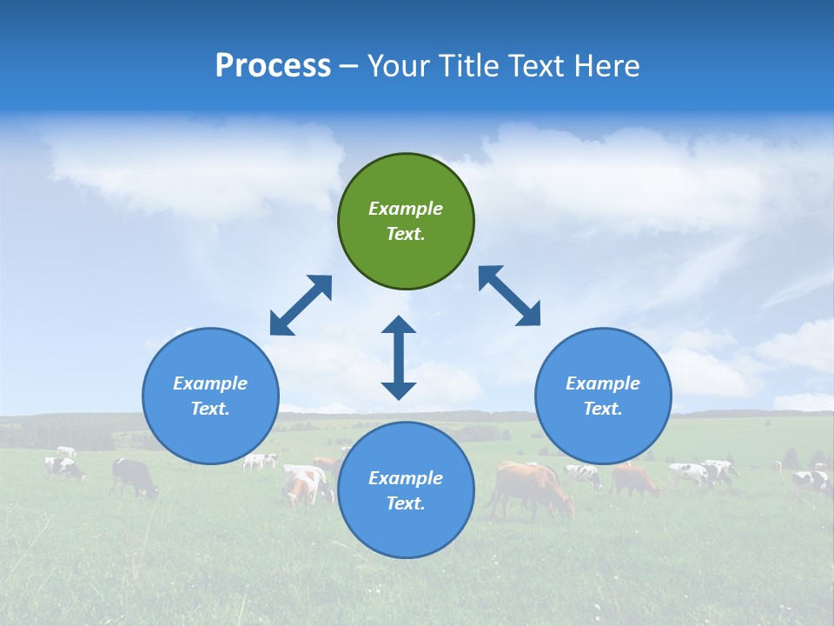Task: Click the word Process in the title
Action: point(273,66)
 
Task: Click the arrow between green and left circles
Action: point(301,305)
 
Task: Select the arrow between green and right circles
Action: point(509,296)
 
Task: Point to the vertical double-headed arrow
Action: point(399,357)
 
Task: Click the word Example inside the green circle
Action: point(406,209)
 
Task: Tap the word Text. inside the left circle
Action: point(210,409)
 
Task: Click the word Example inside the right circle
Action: point(603,383)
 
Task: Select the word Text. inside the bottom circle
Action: point(406,503)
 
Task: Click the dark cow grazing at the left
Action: point(135,477)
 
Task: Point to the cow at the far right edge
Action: point(812,480)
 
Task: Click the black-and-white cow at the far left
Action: point(63,468)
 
